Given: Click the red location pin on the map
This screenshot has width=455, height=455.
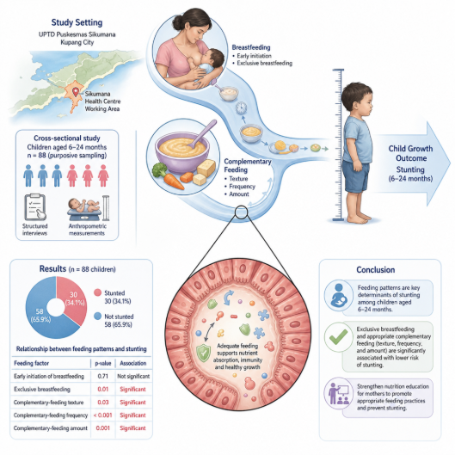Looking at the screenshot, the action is pyautogui.click(x=76, y=92).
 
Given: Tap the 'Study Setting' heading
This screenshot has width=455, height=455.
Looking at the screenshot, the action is pyautogui.click(x=77, y=22).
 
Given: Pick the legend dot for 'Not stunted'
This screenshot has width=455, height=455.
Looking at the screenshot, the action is pyautogui.click(x=98, y=317).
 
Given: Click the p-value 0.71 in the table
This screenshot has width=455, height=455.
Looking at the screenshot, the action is pyautogui.click(x=102, y=377).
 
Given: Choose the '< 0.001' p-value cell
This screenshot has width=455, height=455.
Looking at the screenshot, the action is pyautogui.click(x=102, y=415).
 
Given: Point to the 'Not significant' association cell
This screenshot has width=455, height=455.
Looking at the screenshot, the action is pyautogui.click(x=133, y=377).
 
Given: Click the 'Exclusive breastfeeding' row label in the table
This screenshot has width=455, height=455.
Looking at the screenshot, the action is pyautogui.click(x=42, y=390).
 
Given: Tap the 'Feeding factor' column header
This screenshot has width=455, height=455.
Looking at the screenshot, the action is pyautogui.click(x=31, y=363).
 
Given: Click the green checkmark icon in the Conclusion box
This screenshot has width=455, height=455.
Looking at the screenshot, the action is pyautogui.click(x=338, y=336).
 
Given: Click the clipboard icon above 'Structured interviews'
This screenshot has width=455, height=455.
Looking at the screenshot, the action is pyautogui.click(x=35, y=207).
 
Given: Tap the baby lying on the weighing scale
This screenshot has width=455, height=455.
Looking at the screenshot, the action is pyautogui.click(x=84, y=206).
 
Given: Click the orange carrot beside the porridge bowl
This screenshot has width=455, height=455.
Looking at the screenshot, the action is pyautogui.click(x=174, y=181).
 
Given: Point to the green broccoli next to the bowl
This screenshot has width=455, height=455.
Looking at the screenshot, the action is pyautogui.click(x=159, y=169).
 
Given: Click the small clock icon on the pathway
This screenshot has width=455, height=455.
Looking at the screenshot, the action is pyautogui.click(x=241, y=108).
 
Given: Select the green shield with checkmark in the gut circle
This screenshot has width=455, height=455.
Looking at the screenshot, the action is pyautogui.click(x=203, y=353).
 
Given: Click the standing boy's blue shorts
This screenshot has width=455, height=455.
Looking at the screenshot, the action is pyautogui.click(x=355, y=176).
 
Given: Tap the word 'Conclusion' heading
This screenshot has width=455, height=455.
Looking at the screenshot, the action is pyautogui.click(x=376, y=270).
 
